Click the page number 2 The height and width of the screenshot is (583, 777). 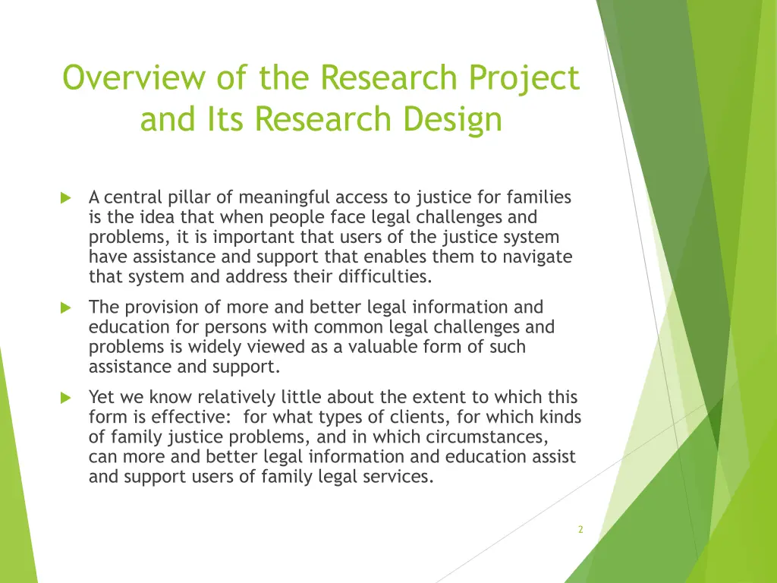click(x=580, y=530)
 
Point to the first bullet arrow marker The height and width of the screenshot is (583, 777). click(x=65, y=198)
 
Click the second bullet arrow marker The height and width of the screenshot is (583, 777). click(x=65, y=308)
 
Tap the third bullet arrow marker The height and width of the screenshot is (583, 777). click(x=65, y=398)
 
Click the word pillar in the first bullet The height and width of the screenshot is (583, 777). click(x=190, y=198)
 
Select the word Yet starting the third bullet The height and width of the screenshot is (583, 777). click(x=102, y=397)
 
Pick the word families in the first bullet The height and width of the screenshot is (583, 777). click(x=536, y=198)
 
